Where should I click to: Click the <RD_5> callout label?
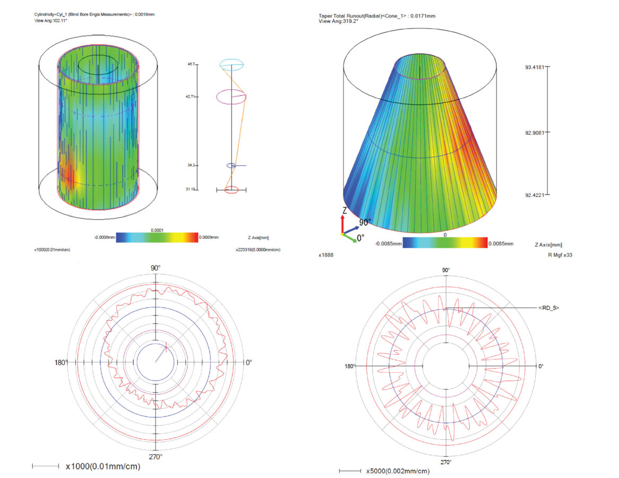549,308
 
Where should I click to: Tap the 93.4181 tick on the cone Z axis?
547,67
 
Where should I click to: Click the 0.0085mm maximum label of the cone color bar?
501,244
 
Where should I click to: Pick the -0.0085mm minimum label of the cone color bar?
389,244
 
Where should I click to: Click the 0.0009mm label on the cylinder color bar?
209,237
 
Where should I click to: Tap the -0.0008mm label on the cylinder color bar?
105,237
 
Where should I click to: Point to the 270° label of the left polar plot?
156,457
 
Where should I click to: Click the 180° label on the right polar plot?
349,366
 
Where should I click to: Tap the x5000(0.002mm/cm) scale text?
398,471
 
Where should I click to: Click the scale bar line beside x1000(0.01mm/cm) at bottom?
46,466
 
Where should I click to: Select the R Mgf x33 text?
560,255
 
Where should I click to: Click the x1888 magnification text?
326,255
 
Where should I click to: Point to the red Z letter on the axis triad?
345,210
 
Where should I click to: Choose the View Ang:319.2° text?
338,21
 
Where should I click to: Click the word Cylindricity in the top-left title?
44,15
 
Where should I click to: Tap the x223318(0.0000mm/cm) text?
258,250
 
